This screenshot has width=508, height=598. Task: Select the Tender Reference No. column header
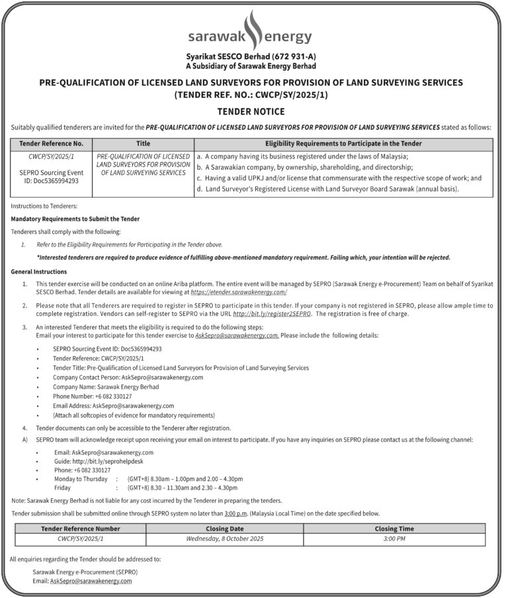coord(51,143)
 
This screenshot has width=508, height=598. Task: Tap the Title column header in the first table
coord(143,143)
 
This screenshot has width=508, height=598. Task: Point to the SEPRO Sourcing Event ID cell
coord(51,176)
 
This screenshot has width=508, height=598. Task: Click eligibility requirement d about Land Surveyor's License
coord(328,189)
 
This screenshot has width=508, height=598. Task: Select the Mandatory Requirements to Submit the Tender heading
coord(75,219)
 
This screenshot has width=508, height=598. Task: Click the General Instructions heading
coord(39,272)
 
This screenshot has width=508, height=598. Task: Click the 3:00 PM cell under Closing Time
coord(394,539)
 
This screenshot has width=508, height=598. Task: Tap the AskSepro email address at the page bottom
coord(91,580)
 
